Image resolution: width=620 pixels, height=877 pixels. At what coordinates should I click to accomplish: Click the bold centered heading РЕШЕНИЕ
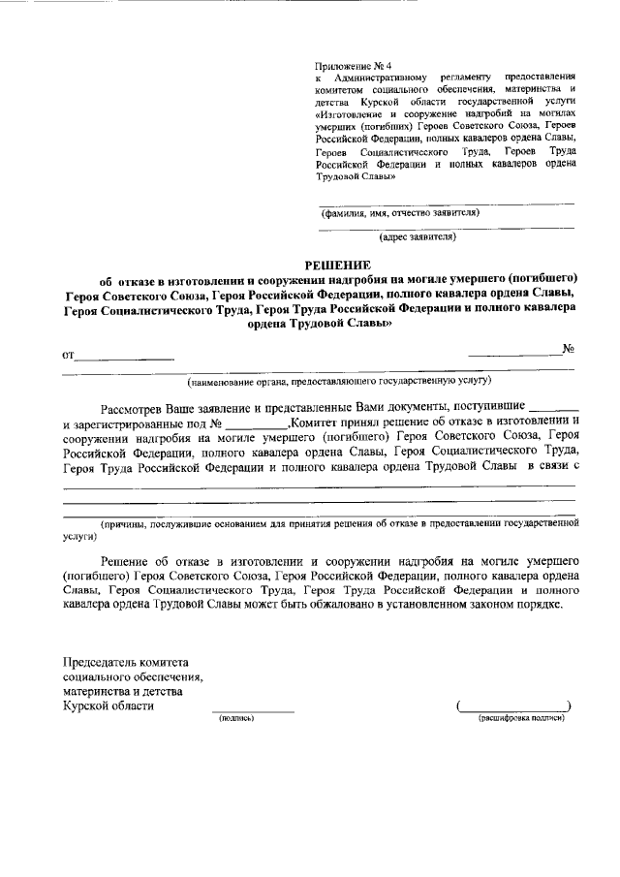338,264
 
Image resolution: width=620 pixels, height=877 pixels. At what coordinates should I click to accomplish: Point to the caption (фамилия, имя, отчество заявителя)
400,212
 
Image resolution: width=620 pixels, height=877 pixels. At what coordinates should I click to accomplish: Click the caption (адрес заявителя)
418,235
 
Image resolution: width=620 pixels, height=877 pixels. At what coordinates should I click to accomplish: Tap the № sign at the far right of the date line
570,350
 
